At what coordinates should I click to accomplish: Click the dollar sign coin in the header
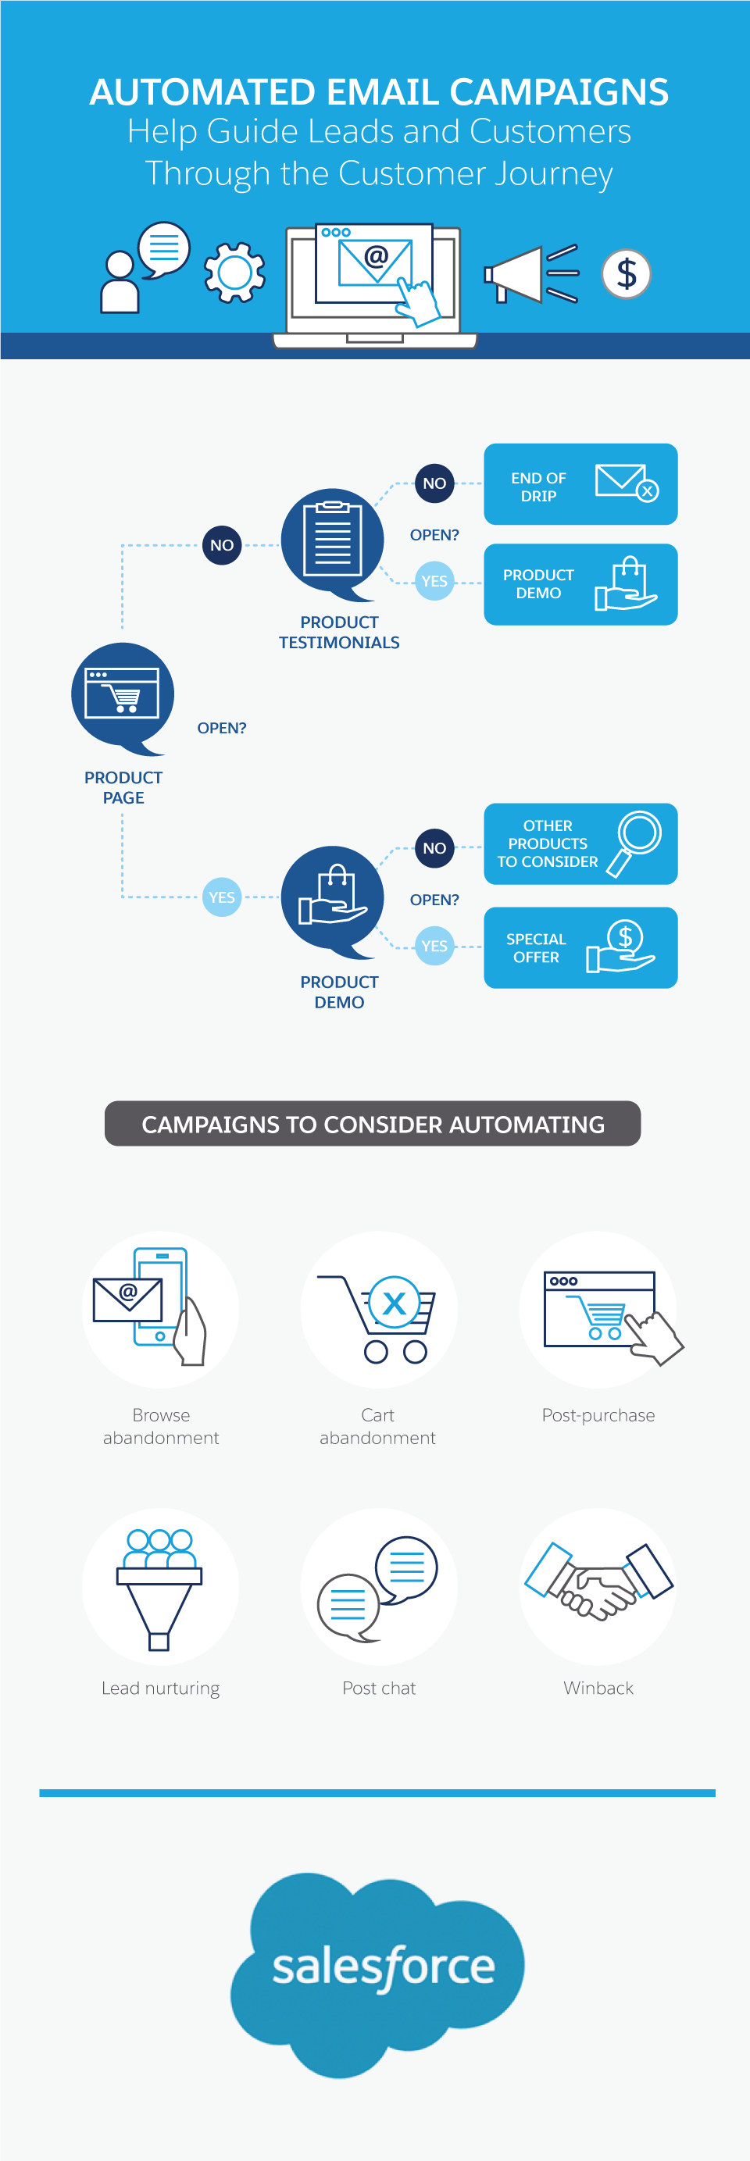pos(626,273)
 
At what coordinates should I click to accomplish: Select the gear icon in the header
pos(235,273)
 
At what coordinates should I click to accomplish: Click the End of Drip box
pos(580,484)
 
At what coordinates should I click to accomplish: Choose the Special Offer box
pos(580,947)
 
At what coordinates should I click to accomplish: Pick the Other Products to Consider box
pos(580,843)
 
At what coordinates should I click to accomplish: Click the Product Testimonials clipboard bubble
pos(332,541)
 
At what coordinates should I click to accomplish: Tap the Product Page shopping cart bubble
pos(123,694)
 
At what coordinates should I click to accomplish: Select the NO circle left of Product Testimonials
pos(221,545)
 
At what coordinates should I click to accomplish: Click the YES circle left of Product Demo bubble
pos(221,897)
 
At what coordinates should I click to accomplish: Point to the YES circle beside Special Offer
pos(434,946)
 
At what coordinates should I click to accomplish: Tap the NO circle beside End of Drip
pos(434,483)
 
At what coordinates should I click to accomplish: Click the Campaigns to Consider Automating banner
pos(373,1123)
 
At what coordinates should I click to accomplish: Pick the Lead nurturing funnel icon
pos(160,1586)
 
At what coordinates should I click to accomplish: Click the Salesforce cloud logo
pos(378,1970)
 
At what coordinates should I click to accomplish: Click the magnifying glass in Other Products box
pos(636,841)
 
